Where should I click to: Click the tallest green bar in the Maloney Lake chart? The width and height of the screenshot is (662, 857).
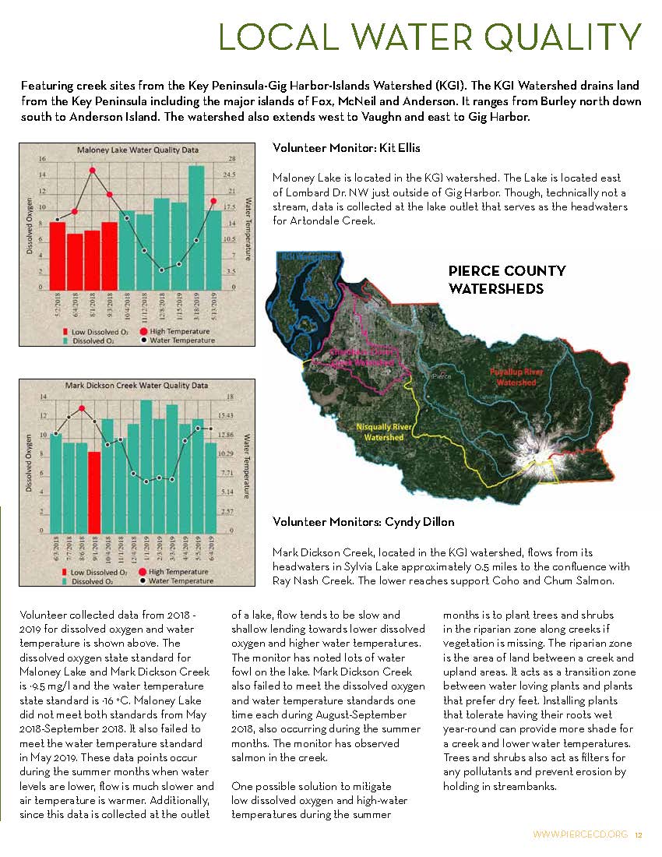(196, 226)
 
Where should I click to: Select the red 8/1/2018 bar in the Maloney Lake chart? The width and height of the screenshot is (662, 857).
(92, 259)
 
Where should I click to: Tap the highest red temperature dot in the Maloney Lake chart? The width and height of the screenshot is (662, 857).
(92, 171)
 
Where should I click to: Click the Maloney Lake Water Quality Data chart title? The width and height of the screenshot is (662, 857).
(129, 149)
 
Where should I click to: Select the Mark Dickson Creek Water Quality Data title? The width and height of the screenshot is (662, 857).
(136, 385)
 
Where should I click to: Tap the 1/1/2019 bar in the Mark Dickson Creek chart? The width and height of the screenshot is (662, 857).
(146, 466)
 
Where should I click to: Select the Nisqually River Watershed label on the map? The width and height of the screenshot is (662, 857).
(384, 432)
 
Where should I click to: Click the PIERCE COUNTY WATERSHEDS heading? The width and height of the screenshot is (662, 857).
(506, 280)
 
